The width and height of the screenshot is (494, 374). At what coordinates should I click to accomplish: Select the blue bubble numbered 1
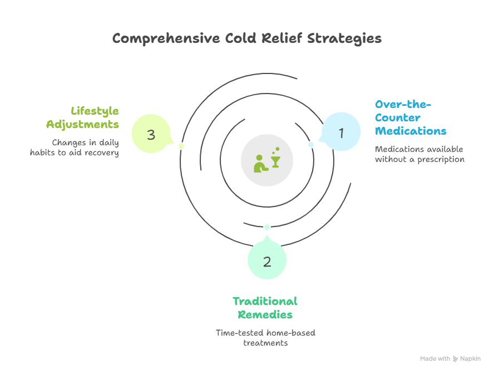tap(342, 132)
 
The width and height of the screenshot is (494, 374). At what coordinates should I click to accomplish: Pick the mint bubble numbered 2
tap(267, 262)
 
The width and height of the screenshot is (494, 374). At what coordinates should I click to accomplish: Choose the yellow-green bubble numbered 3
tap(151, 134)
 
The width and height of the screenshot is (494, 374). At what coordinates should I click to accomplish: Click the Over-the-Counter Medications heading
tap(410, 117)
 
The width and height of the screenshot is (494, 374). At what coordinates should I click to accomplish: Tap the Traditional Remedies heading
tap(265, 308)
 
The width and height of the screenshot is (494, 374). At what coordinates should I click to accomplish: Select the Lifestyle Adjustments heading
tap(82, 117)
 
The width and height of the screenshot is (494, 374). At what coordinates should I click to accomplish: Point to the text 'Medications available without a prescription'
tap(419, 154)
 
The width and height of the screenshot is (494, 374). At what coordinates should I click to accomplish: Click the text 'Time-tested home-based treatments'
tap(265, 338)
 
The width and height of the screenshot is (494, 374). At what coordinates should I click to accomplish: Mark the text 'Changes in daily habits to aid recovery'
tap(75, 147)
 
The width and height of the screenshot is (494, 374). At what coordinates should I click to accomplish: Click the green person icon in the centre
tap(259, 163)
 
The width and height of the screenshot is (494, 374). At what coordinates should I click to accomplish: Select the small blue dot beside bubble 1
tap(311, 145)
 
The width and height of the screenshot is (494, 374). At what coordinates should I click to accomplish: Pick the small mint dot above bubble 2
tap(267, 227)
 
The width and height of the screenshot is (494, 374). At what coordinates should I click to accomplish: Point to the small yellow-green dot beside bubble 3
tap(181, 146)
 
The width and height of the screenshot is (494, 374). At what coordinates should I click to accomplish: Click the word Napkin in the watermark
tap(470, 359)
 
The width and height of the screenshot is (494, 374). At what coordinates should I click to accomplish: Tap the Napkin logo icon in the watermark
tap(456, 359)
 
